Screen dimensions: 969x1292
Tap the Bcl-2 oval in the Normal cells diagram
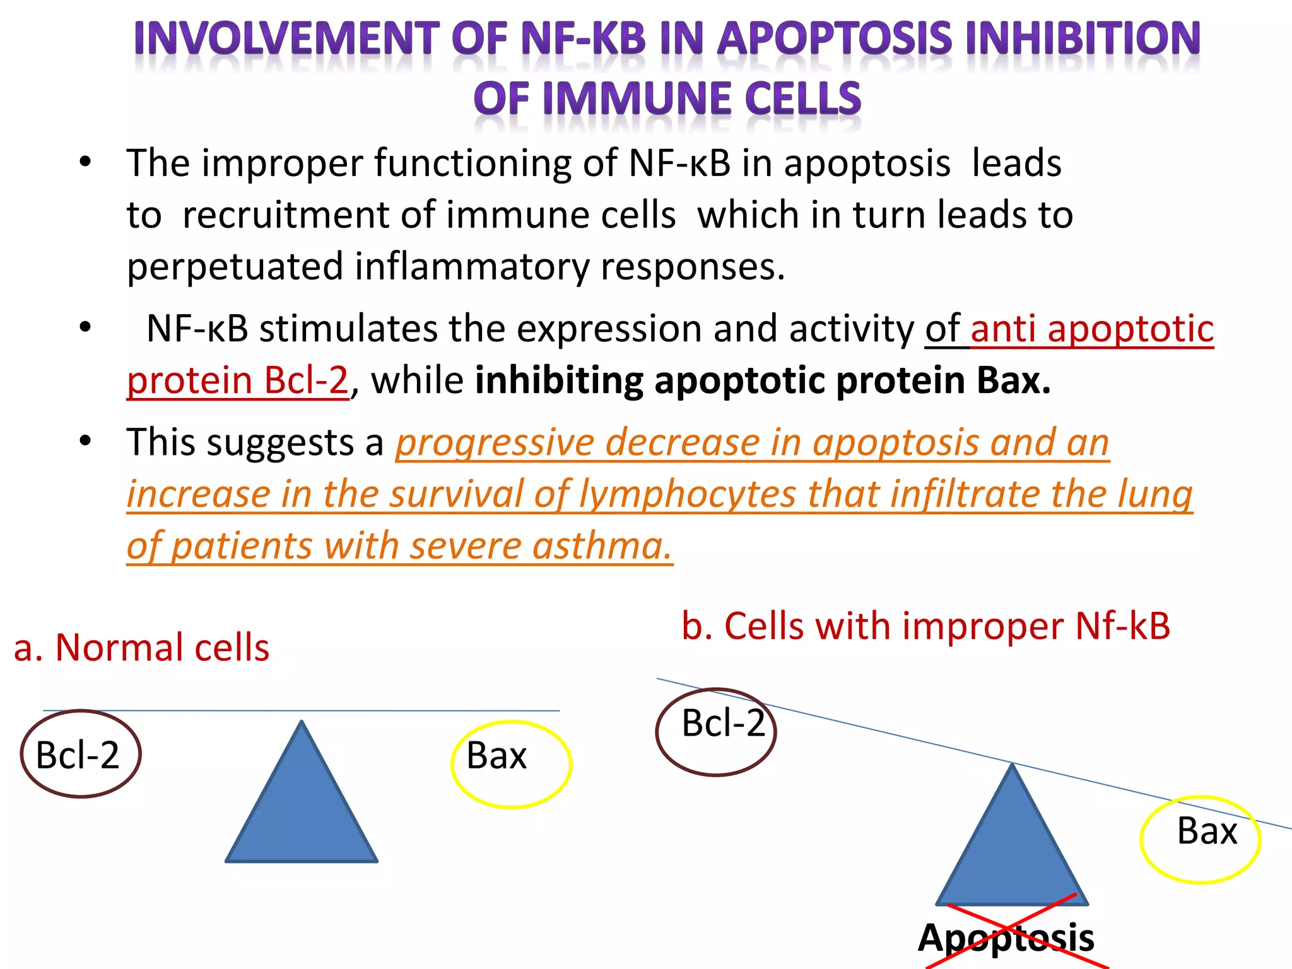coord(80,755)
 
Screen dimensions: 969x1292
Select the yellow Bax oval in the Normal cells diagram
coord(511,764)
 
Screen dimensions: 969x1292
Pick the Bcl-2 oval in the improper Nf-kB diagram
coord(716,732)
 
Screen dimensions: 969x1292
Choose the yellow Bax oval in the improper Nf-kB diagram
coord(1201,840)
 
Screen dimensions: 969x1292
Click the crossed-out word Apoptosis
coord(1006,937)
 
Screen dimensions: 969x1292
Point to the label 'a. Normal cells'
coord(141,648)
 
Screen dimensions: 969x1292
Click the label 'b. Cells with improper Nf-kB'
coord(925,626)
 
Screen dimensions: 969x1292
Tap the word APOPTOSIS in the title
coord(834,39)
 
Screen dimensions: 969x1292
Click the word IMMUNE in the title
coord(637,100)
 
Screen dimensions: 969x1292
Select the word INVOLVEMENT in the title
coord(287,39)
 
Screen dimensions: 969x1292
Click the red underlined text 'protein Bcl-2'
coord(238,380)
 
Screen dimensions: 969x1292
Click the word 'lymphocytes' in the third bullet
coord(688,494)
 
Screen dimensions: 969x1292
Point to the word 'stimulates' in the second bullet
coord(348,329)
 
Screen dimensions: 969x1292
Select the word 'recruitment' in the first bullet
coord(285,215)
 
